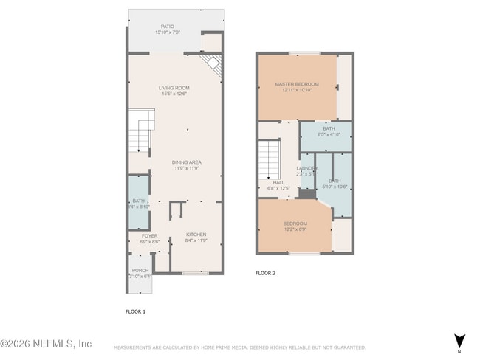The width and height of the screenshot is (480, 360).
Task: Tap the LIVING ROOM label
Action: point(174,88)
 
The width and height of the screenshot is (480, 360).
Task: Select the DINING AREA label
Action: point(187,162)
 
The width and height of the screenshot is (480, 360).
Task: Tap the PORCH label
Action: point(140,271)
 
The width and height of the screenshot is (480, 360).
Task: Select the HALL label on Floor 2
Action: point(278,182)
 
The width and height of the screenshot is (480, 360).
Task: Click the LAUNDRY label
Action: point(306,168)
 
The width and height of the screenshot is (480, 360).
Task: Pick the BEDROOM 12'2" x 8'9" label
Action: point(295,224)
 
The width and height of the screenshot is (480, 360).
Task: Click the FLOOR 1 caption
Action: point(135,312)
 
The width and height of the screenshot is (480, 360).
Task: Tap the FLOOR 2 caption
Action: point(265,273)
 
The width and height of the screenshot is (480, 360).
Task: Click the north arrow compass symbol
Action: point(460,341)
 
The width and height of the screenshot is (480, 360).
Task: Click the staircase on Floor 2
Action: point(268,160)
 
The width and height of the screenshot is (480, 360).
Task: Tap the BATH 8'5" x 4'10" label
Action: point(329,131)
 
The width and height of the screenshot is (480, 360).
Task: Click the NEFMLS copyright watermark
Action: point(46,344)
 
